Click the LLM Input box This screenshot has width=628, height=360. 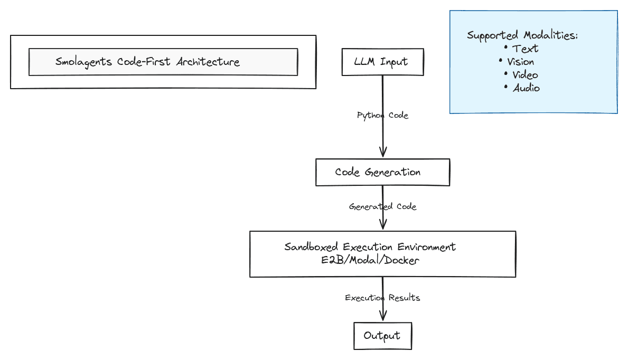tap(382, 62)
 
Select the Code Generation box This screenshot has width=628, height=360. tap(382, 172)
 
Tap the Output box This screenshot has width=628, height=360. tap(382, 336)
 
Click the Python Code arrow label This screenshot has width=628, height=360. tap(382, 115)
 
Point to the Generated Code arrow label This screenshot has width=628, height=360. tap(382, 206)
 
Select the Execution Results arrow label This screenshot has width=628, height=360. tap(382, 298)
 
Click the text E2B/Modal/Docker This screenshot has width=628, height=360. tap(370, 260)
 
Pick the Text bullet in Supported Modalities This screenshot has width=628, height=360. tap(525, 49)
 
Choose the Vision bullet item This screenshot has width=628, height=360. tap(520, 62)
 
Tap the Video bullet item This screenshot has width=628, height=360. tap(525, 75)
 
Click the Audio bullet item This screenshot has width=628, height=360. tap(526, 88)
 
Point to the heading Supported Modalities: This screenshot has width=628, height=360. tap(522, 35)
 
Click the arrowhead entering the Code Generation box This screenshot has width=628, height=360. tap(383, 154)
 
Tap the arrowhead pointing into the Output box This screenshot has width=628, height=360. tap(383, 317)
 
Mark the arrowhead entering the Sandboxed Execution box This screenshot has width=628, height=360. tap(383, 225)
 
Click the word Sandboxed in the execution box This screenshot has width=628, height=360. tap(312, 247)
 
